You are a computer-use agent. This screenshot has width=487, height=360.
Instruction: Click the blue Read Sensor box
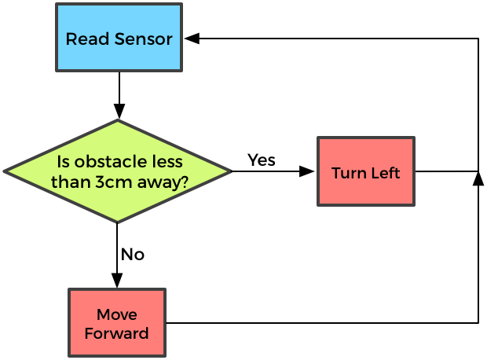[119, 38]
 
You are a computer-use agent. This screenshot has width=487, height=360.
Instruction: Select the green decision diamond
[118, 171]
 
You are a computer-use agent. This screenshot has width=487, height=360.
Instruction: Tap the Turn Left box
[365, 171]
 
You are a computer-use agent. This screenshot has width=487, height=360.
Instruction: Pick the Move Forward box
[116, 323]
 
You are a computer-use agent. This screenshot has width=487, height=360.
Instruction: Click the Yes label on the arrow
[261, 160]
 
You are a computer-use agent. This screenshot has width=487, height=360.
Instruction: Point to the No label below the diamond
[132, 255]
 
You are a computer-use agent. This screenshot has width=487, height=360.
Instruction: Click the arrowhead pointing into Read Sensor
[192, 39]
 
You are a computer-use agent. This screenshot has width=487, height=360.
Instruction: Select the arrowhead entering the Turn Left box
[307, 171]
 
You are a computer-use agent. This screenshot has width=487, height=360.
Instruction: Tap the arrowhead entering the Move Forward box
[117, 281]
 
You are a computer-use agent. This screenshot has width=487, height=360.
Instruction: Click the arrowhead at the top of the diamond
[119, 112]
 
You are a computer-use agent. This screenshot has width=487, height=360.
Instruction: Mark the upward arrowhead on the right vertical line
[478, 179]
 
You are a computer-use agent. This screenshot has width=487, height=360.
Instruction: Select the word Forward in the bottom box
[116, 332]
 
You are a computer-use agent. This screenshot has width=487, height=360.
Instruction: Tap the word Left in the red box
[386, 173]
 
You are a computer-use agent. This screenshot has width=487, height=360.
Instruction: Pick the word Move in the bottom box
[116, 314]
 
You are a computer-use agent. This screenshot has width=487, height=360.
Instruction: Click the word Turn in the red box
[349, 173]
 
